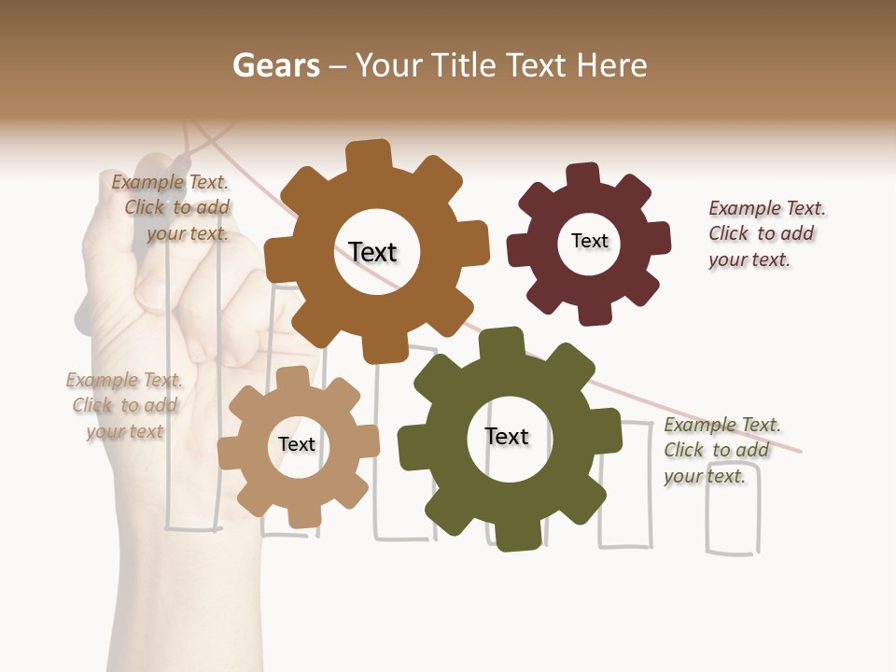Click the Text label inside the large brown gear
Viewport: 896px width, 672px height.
click(372, 252)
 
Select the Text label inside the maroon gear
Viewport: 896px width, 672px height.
click(589, 241)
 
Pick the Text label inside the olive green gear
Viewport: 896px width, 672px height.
click(507, 436)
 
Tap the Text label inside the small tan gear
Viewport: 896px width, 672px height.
click(297, 444)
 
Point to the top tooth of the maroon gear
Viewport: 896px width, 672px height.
click(582, 175)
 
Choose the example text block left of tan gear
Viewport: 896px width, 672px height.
click(125, 405)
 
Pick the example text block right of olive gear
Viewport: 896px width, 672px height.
click(719, 450)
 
